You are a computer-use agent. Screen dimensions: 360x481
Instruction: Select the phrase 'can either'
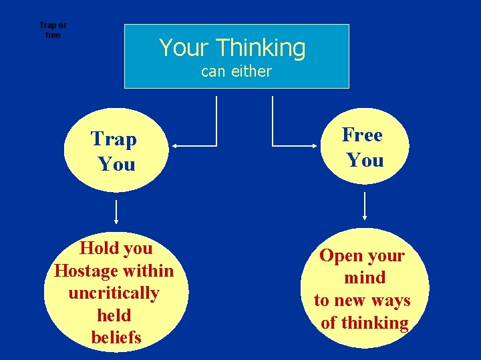236,71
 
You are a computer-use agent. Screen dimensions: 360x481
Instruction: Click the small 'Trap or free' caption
53,31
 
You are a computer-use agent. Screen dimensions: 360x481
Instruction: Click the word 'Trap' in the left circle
114,139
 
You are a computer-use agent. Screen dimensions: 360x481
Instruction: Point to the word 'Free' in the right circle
363,135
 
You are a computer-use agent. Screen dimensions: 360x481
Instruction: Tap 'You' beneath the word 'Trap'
116,164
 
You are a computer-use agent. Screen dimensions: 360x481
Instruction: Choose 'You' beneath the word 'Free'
365,160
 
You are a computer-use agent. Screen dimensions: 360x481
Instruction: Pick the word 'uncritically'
114,293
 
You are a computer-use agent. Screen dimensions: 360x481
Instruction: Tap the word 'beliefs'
116,337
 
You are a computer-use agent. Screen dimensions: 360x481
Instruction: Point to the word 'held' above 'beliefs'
114,315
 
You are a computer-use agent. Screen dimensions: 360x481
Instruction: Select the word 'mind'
365,278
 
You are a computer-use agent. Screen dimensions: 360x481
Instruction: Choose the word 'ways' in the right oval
391,301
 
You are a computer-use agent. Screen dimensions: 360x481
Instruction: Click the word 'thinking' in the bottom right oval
374,323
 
